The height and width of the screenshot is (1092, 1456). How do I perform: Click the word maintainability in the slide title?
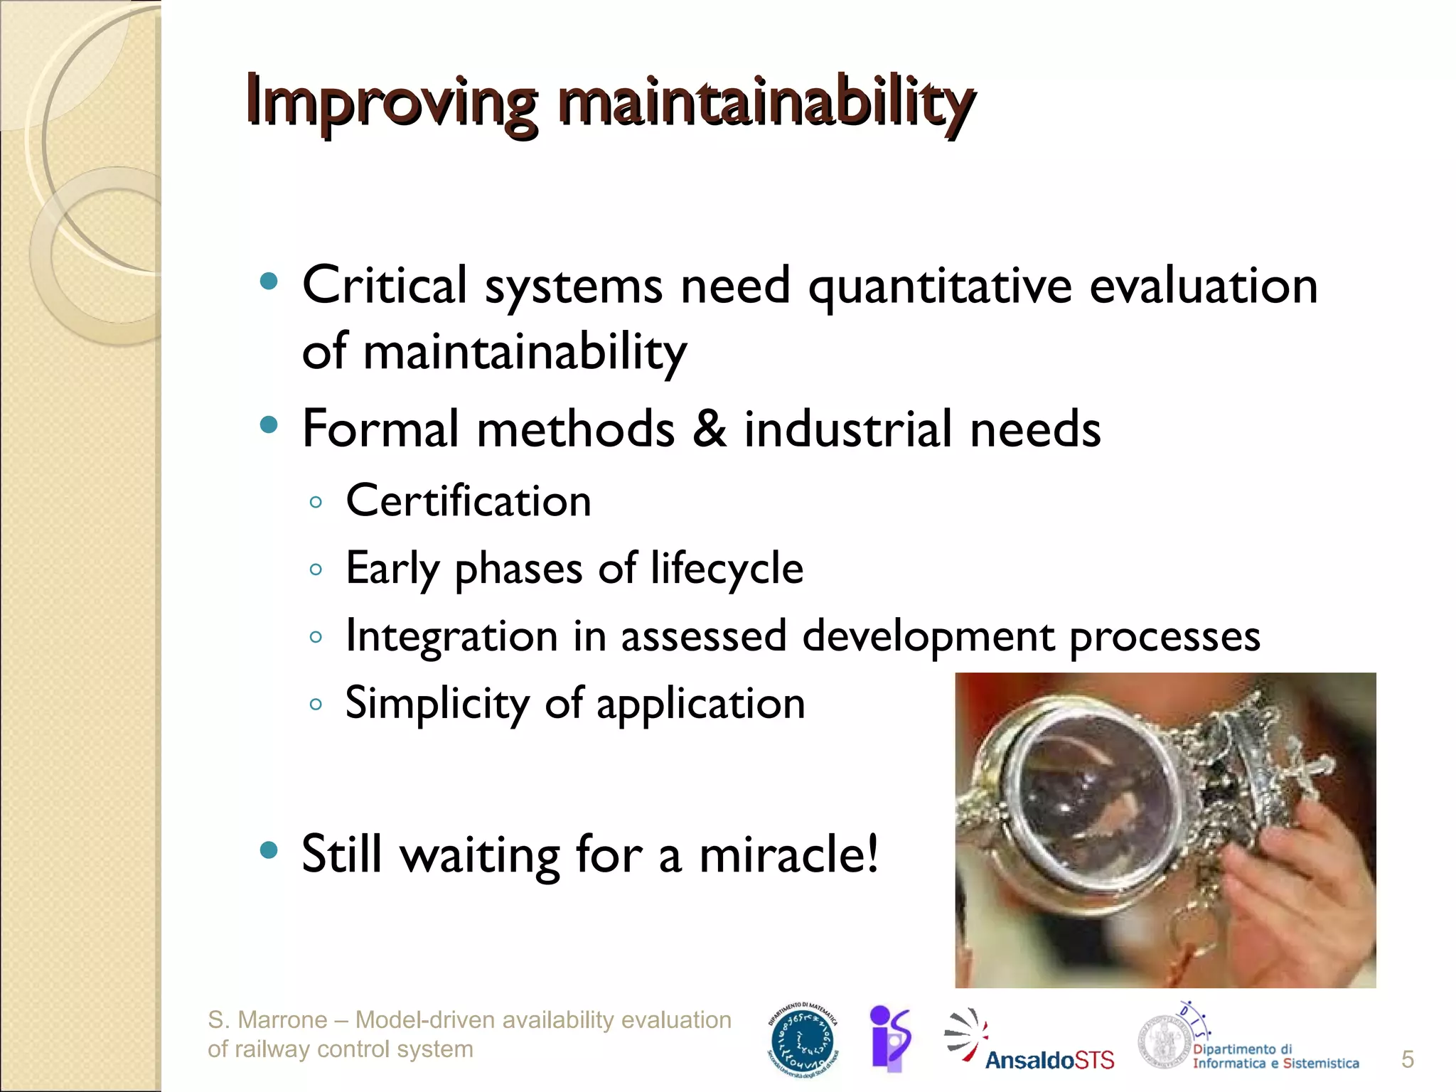[x=764, y=103]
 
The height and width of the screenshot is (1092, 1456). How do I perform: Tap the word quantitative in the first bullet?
[x=939, y=287]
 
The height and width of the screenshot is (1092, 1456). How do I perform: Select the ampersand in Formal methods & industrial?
[x=709, y=429]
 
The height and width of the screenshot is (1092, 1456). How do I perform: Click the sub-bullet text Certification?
[x=468, y=501]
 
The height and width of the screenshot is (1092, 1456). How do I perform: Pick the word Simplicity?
[x=437, y=703]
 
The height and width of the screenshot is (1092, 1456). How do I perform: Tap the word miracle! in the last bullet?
[x=789, y=853]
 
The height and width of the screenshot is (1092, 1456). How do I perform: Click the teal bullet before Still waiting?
[x=269, y=850]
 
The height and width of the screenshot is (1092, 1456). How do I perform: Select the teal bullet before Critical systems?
[x=269, y=282]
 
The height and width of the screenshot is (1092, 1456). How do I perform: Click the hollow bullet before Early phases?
[x=316, y=569]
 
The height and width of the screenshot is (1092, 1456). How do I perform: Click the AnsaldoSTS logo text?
[x=1049, y=1060]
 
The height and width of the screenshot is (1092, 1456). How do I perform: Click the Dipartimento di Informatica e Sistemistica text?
[x=1275, y=1056]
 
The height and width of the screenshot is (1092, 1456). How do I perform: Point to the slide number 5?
[x=1407, y=1059]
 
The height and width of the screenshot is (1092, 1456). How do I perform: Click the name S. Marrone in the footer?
[x=267, y=1020]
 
